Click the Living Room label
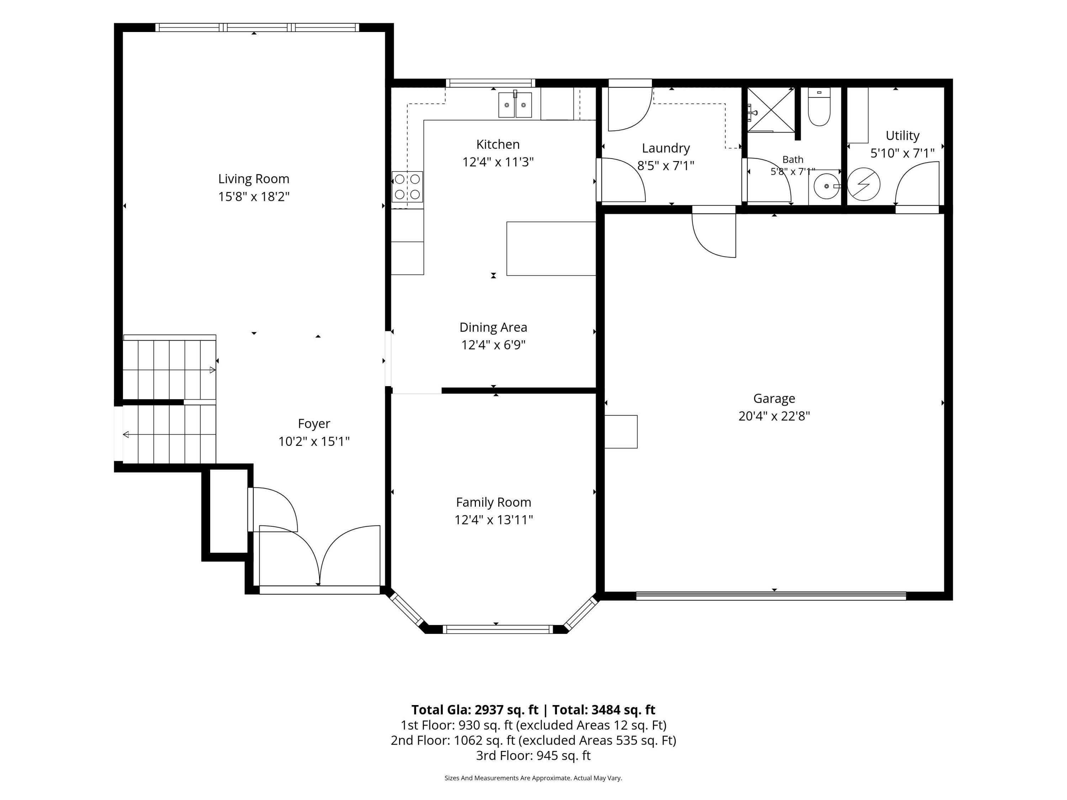click(254, 179)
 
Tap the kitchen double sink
click(515, 105)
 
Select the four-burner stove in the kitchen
click(407, 187)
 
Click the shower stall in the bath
click(771, 110)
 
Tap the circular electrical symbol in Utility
click(864, 184)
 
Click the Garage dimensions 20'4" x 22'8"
click(774, 416)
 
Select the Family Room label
click(493, 502)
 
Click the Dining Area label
click(493, 327)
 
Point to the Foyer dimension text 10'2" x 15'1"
click(314, 442)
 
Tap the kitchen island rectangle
click(551, 249)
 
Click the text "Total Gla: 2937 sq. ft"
click(475, 710)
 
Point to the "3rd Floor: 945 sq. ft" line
click(533, 756)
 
